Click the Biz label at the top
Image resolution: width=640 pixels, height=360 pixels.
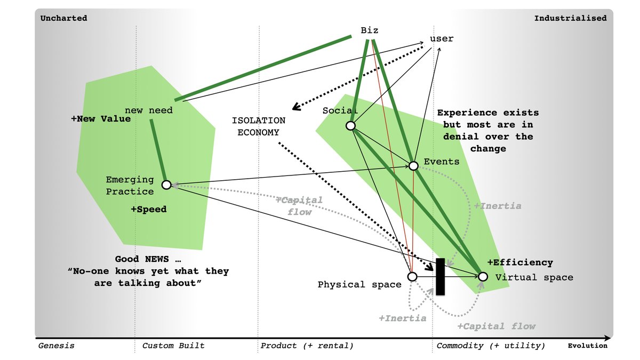[x=370, y=30]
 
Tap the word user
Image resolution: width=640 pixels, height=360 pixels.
[x=442, y=38]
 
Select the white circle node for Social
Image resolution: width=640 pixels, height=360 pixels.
[x=350, y=125]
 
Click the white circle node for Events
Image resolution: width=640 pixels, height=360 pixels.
[x=413, y=166]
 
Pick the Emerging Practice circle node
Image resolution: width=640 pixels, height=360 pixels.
[x=166, y=185]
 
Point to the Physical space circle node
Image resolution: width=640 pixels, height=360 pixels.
[x=412, y=276]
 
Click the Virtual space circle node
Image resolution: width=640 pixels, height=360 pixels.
[x=483, y=276]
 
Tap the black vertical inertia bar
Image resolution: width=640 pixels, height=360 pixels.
[x=440, y=276]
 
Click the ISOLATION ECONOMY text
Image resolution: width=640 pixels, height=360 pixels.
[x=258, y=126]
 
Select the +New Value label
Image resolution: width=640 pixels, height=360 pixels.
[x=101, y=119]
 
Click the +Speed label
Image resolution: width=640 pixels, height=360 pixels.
[x=149, y=210]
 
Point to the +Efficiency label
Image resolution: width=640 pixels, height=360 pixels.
[x=520, y=262]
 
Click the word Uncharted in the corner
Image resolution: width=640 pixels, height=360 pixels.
[x=64, y=18]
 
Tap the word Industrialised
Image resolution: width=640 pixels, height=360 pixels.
[x=570, y=18]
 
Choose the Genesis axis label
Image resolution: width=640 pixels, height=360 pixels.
[x=57, y=346]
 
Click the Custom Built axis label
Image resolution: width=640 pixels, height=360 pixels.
[x=173, y=346]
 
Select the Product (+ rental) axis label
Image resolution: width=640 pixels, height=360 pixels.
[x=307, y=346]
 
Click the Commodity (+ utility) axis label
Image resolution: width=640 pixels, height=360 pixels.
[x=491, y=346]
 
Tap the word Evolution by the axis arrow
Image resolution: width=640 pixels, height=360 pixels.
[x=587, y=346]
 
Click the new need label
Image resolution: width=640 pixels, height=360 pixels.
[x=149, y=110]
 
